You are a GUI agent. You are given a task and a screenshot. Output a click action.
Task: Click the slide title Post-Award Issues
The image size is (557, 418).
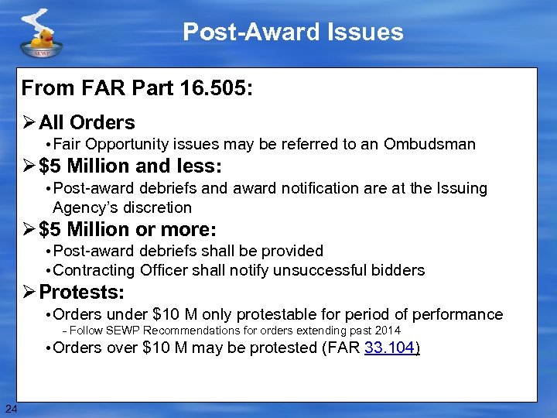click(x=293, y=32)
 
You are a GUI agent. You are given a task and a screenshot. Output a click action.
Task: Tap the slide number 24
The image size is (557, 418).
click(x=10, y=409)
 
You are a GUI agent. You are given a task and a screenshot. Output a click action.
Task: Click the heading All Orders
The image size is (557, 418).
click(x=87, y=122)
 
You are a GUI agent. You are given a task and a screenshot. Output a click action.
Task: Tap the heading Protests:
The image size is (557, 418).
click(x=81, y=293)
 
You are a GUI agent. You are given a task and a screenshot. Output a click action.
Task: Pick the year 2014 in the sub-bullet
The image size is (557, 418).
click(x=387, y=331)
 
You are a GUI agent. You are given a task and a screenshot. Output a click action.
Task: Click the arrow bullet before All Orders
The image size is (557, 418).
click(x=29, y=122)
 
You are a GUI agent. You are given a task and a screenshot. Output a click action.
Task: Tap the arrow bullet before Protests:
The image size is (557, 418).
click(x=29, y=293)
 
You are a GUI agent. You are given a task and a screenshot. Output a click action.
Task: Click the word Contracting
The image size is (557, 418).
click(x=95, y=270)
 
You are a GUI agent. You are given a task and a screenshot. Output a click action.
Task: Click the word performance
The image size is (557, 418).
click(x=457, y=314)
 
